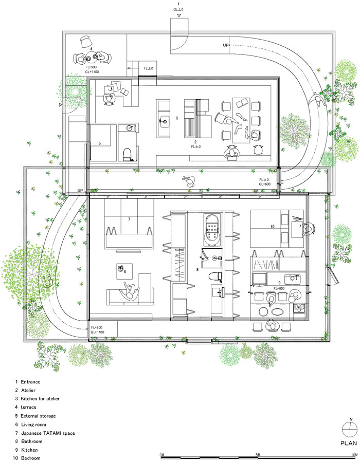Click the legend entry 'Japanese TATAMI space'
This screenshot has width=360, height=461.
47,433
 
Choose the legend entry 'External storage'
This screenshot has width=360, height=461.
38,416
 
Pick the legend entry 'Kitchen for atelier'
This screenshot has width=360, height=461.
41,399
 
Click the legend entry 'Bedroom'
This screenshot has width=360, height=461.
31,458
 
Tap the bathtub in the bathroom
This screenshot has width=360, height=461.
212,230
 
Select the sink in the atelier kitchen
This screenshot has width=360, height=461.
164,122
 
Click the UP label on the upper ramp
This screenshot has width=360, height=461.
226,45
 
